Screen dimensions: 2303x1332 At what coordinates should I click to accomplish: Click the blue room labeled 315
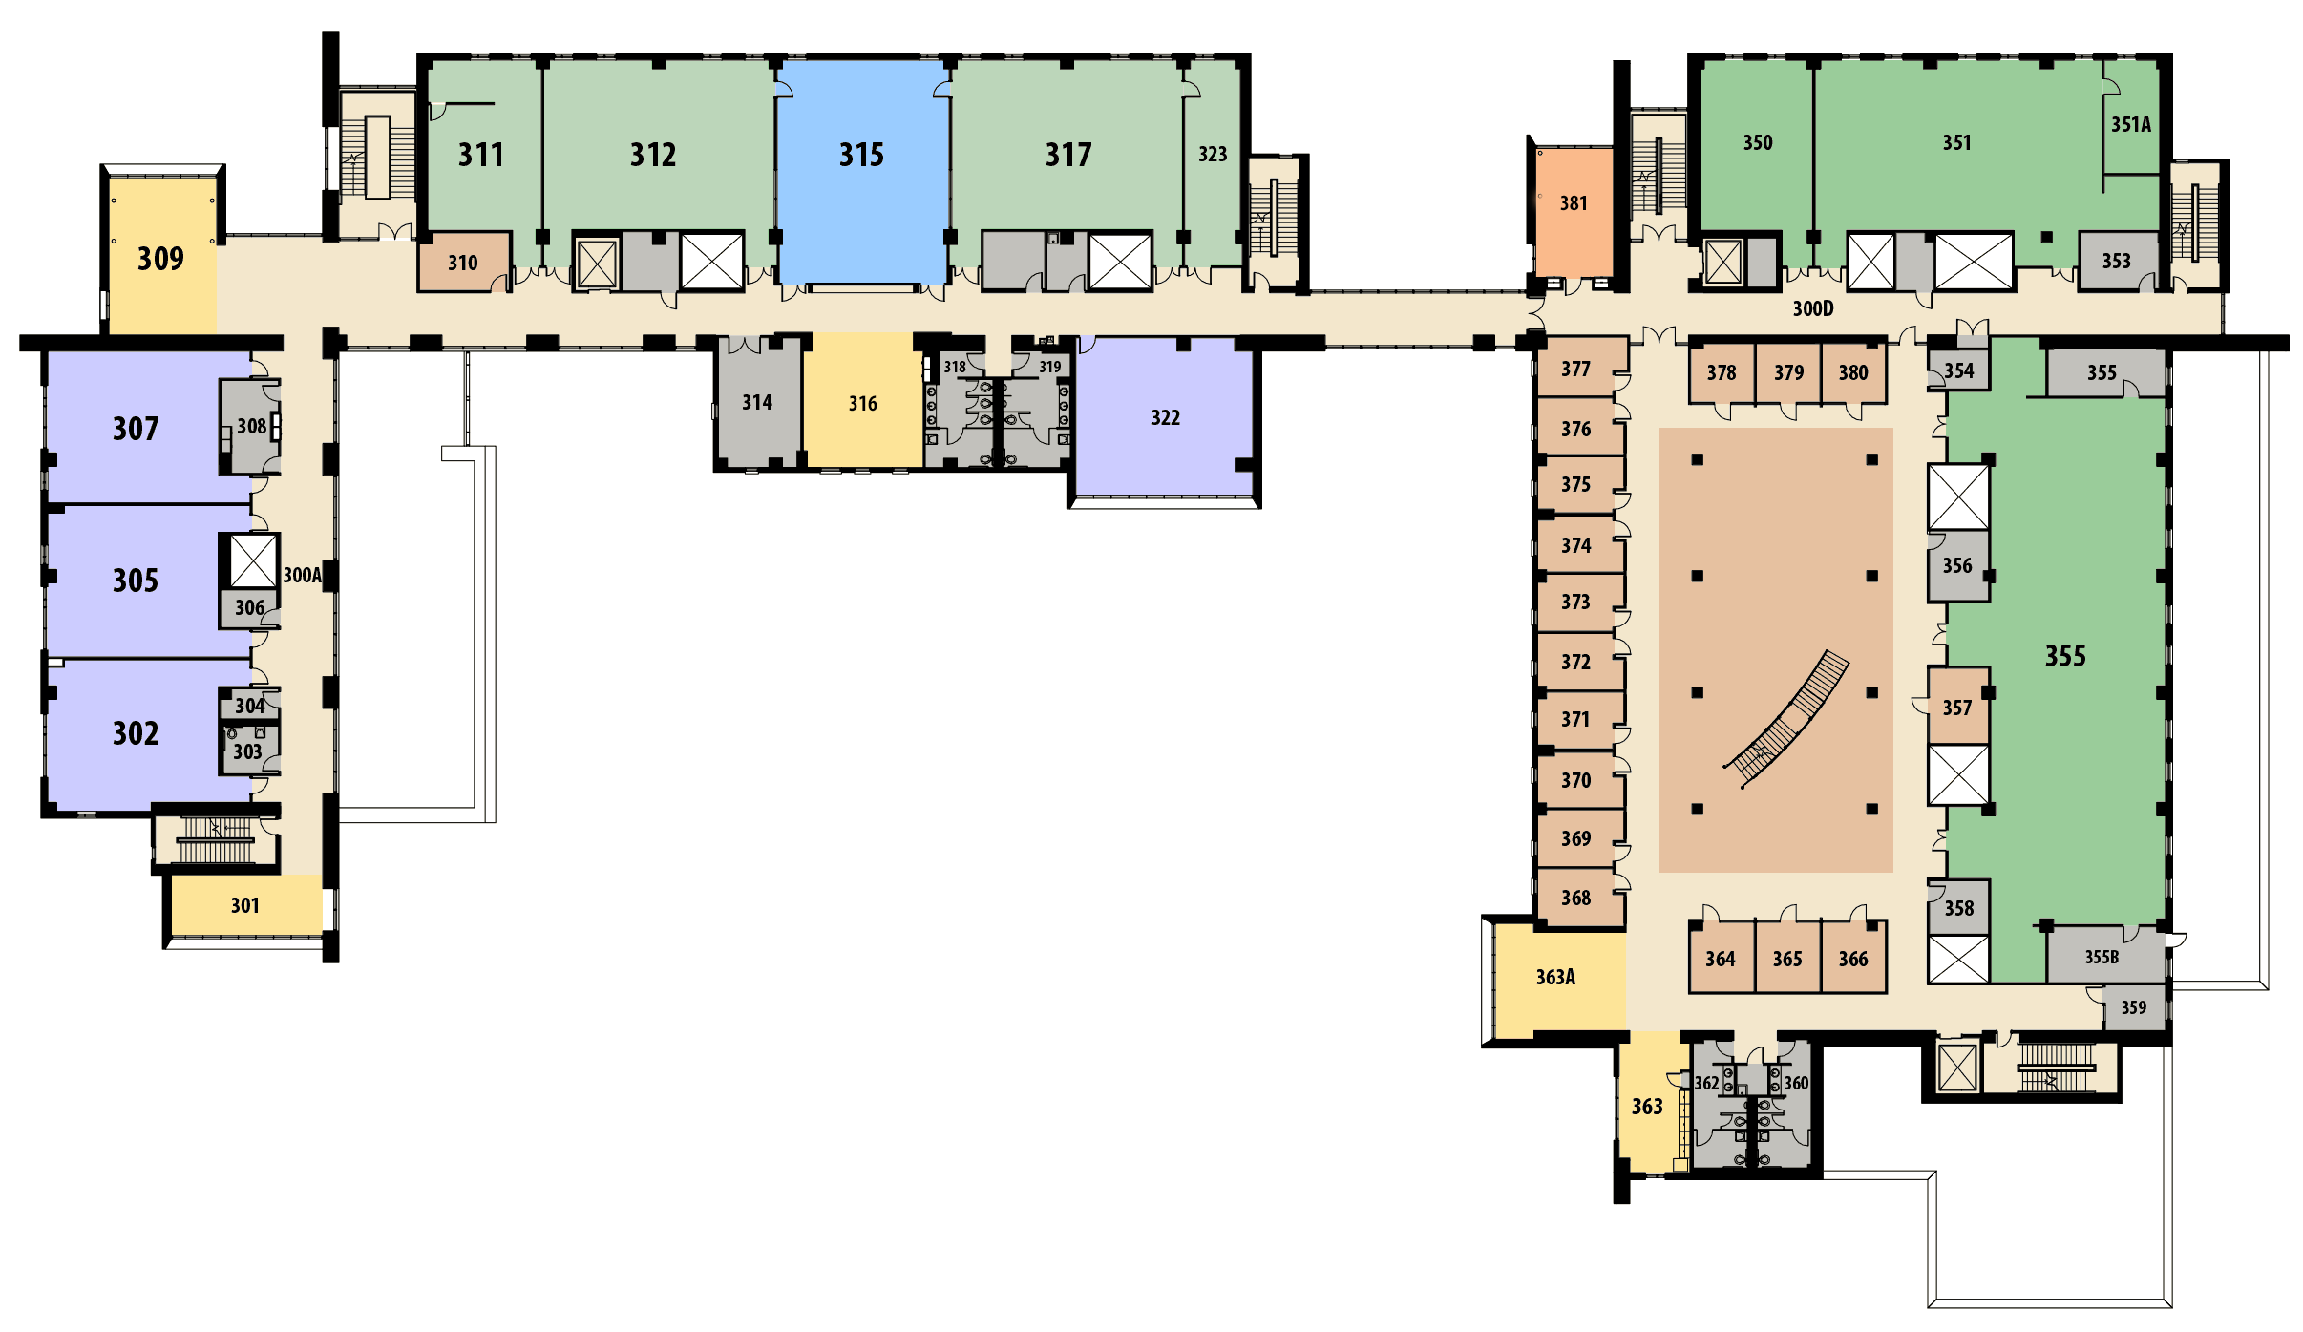click(x=862, y=172)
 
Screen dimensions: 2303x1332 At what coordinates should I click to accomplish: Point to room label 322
click(x=1166, y=417)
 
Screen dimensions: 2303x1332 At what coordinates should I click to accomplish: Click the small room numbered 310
click(x=464, y=262)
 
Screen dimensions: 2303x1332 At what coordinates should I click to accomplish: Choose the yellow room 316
click(x=862, y=400)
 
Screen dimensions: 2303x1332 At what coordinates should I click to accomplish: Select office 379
click(x=1788, y=372)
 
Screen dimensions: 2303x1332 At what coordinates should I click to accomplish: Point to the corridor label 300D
click(x=1813, y=308)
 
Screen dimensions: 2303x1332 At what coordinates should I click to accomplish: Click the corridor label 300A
click(x=302, y=575)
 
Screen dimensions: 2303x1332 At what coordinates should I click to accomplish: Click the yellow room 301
click(x=246, y=904)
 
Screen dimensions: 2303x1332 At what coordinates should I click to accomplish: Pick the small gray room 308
click(x=250, y=426)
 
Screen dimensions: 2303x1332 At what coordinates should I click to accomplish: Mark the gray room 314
click(x=758, y=402)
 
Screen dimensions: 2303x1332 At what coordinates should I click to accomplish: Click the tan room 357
click(x=1958, y=707)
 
